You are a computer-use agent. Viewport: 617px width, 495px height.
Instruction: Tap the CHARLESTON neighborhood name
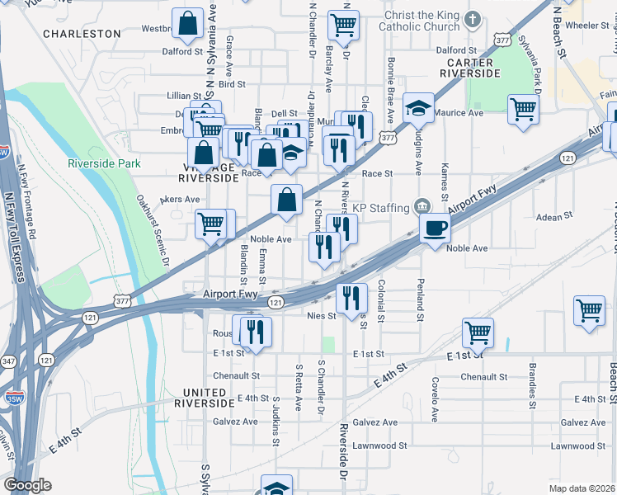pyautogui.click(x=82, y=34)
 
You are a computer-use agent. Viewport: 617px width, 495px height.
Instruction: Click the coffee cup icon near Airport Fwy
pyautogui.click(x=435, y=229)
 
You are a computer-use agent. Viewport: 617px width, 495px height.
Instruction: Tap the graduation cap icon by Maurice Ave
pyautogui.click(x=418, y=107)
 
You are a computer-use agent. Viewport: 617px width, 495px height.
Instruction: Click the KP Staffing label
pyautogui.click(x=382, y=206)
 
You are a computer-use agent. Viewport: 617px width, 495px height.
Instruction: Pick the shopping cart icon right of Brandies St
pyautogui.click(x=589, y=311)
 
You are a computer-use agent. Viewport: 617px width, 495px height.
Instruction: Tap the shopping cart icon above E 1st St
pyautogui.click(x=478, y=332)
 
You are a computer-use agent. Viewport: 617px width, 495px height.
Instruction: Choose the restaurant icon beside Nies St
pyautogui.click(x=352, y=297)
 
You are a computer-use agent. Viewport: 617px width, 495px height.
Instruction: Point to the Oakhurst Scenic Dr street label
pyautogui.click(x=153, y=230)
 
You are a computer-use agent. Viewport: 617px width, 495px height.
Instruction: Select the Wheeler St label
pyautogui.click(x=586, y=26)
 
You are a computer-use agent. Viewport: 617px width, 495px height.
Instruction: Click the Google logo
pyautogui.click(x=26, y=485)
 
